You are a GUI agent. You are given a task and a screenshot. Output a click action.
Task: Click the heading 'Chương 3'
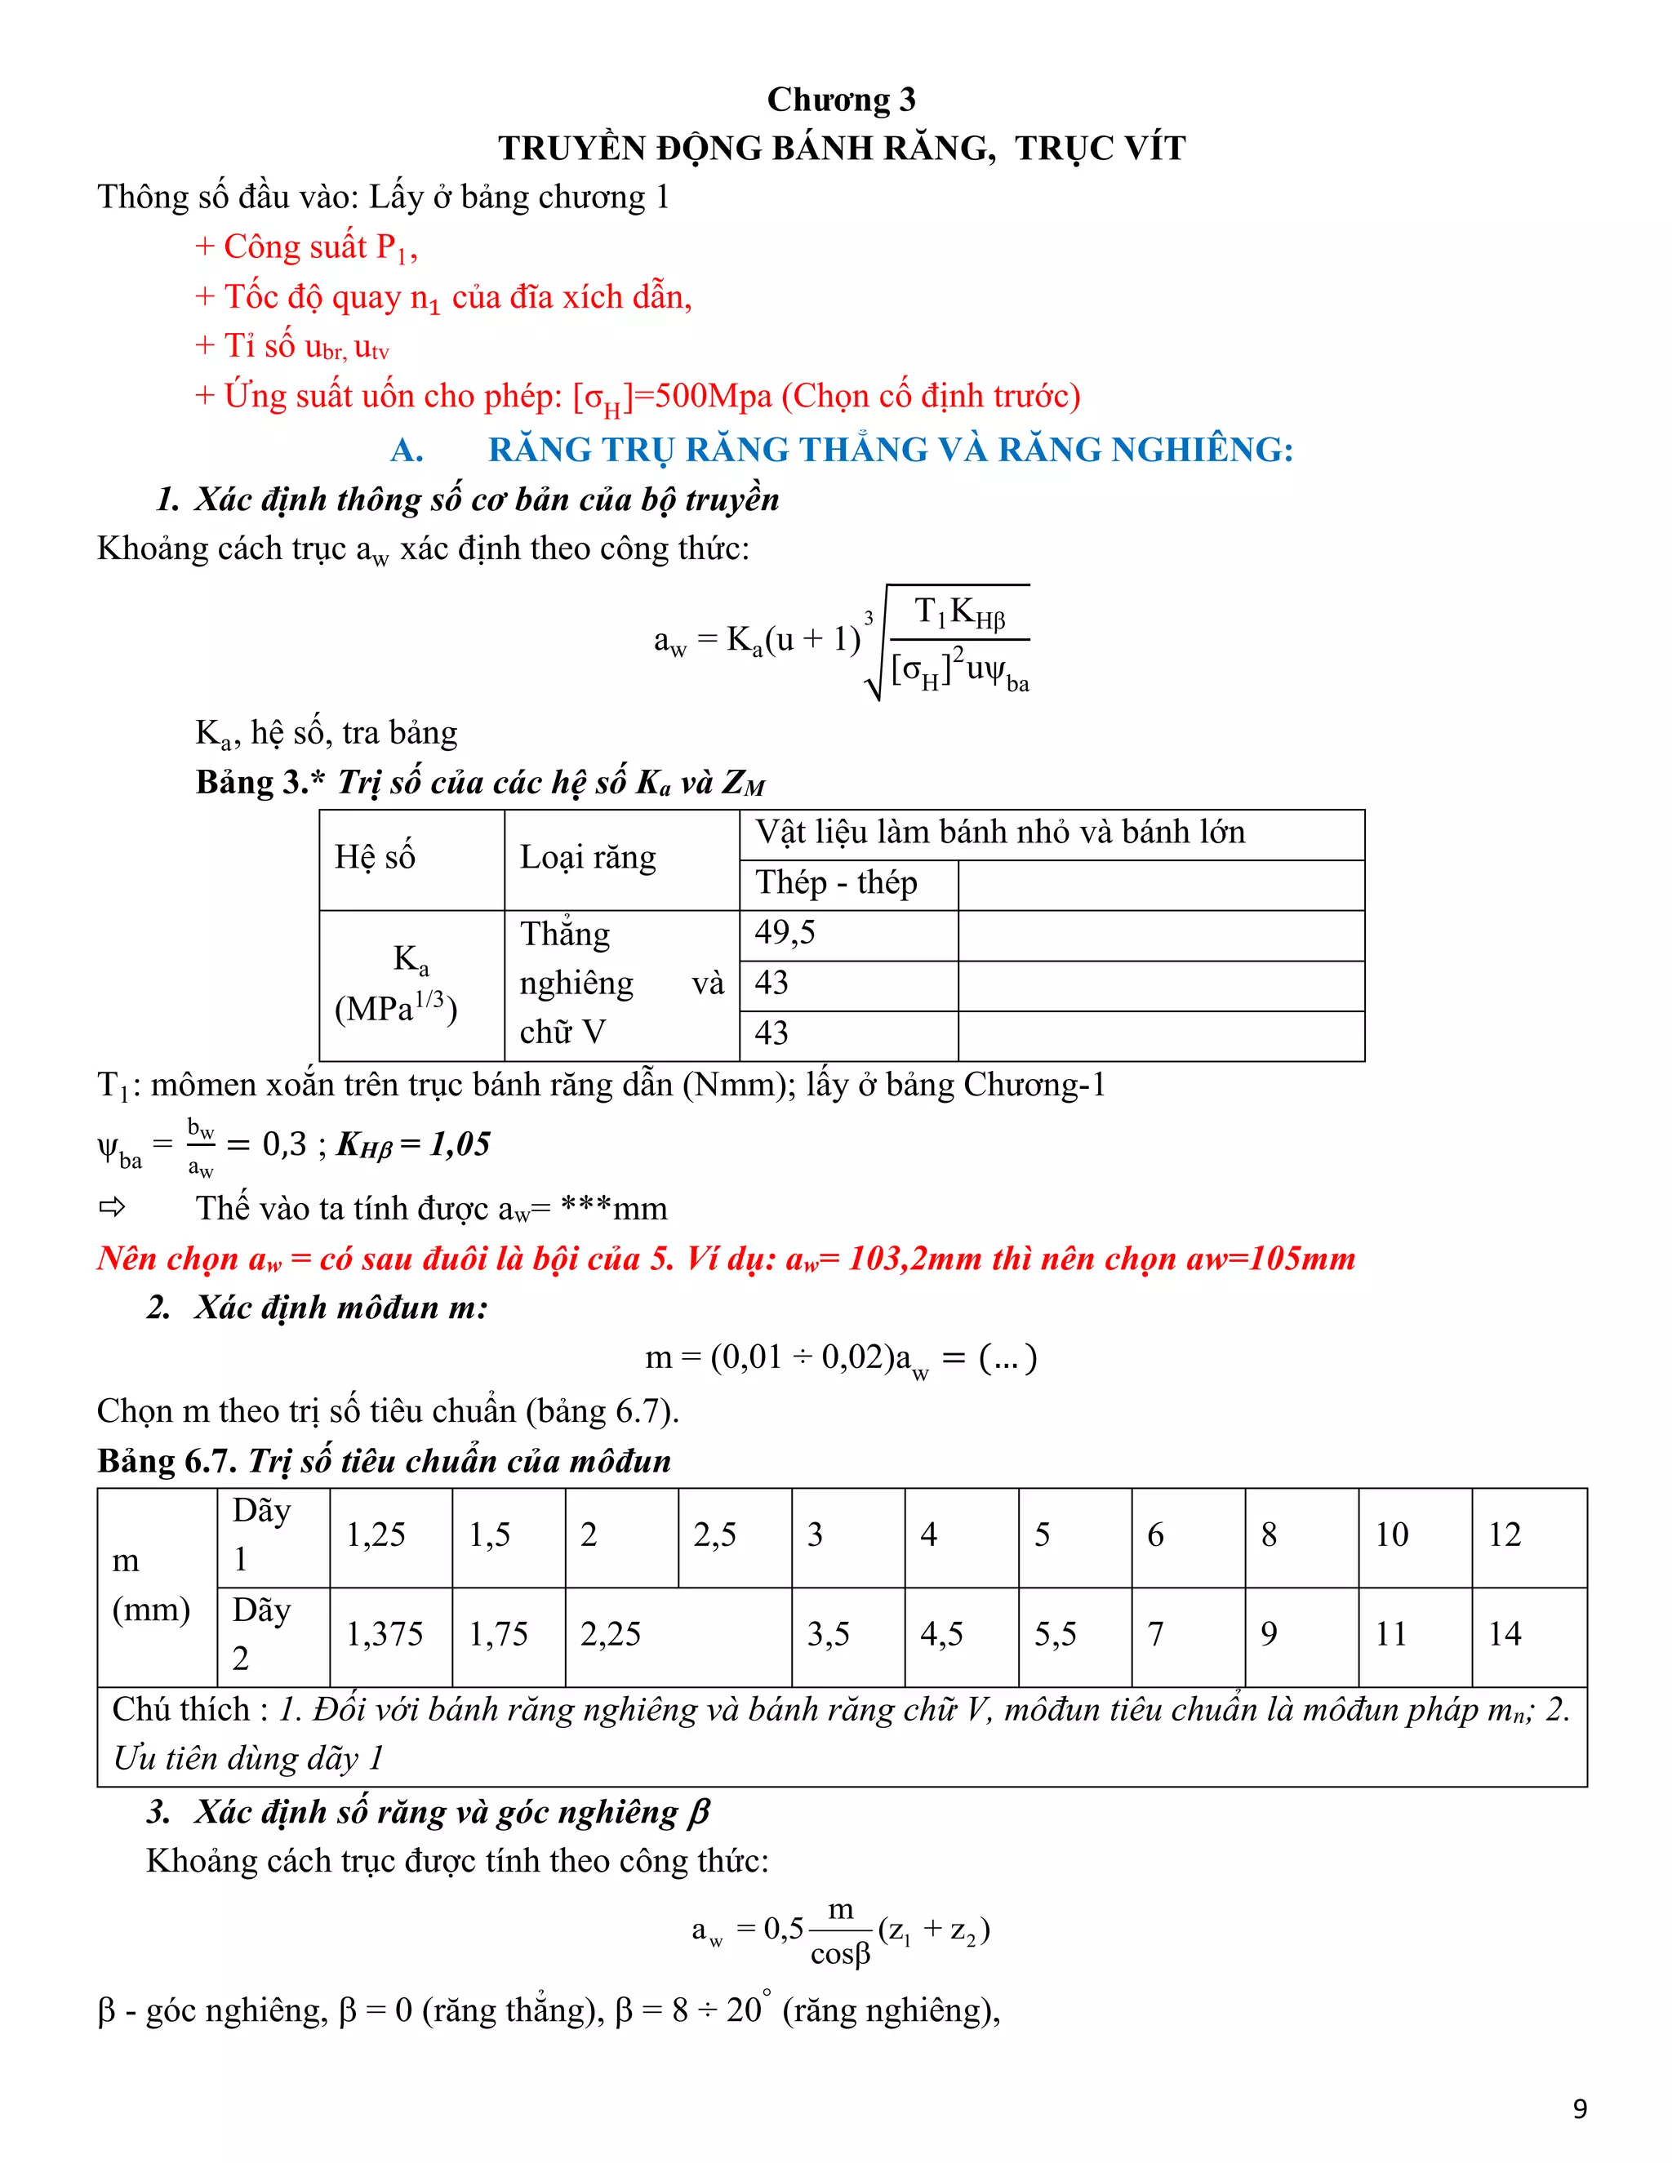pyautogui.click(x=841, y=100)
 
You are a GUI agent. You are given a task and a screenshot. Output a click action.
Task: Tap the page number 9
pyautogui.click(x=1579, y=2108)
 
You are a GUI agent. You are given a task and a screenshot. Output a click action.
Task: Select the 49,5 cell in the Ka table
pyautogui.click(x=785, y=933)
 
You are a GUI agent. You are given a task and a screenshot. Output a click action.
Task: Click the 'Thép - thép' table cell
pyautogui.click(x=836, y=882)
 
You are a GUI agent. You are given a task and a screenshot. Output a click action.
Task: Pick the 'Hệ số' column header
pyautogui.click(x=375, y=857)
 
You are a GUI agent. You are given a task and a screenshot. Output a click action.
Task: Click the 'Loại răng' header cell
pyautogui.click(x=587, y=857)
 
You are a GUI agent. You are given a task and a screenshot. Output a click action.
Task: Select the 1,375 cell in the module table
pyautogui.click(x=385, y=1634)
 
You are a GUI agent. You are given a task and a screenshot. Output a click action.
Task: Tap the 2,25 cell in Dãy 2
pyautogui.click(x=610, y=1634)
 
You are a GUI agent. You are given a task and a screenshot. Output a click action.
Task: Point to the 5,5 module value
pyautogui.click(x=1054, y=1634)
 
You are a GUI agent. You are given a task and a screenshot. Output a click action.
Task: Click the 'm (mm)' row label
pyautogui.click(x=150, y=1584)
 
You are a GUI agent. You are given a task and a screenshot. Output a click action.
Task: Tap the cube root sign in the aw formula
pyautogui.click(x=874, y=659)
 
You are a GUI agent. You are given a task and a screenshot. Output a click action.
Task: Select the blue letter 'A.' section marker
pyautogui.click(x=407, y=451)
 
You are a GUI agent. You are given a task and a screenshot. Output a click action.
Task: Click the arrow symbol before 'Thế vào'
pyautogui.click(x=112, y=1207)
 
